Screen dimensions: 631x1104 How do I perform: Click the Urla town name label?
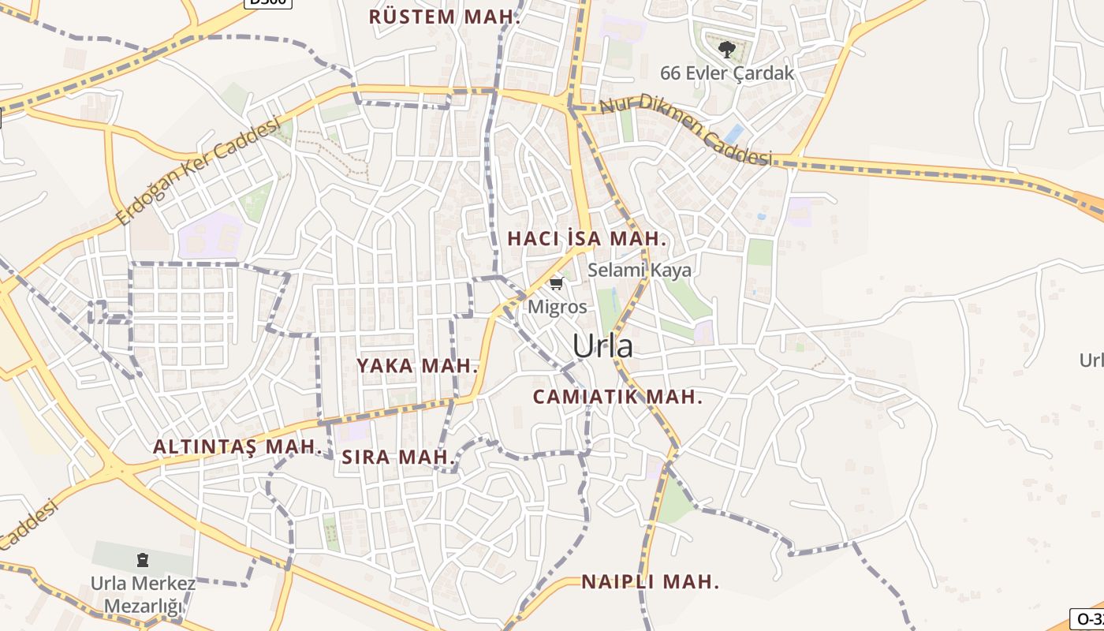click(x=602, y=345)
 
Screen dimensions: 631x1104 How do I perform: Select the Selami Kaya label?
click(x=639, y=270)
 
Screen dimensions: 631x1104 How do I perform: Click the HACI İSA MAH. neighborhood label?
click(x=587, y=238)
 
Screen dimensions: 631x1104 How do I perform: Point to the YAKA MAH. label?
click(x=417, y=365)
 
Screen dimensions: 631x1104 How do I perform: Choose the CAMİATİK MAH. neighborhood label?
click(x=617, y=397)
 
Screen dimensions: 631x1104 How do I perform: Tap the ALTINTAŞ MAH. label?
click(x=237, y=446)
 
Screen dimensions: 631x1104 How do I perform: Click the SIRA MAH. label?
click(x=399, y=457)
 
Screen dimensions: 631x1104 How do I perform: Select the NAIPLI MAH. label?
click(x=651, y=582)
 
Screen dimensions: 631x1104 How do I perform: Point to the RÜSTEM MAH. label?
click(x=445, y=17)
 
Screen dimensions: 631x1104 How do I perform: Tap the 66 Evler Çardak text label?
click(x=727, y=73)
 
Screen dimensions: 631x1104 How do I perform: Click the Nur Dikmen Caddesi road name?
click(x=684, y=130)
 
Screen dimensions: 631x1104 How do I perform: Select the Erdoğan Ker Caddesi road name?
click(x=198, y=170)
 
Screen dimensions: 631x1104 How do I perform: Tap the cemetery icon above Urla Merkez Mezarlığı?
click(x=142, y=560)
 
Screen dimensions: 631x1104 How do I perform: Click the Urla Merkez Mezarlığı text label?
click(x=143, y=596)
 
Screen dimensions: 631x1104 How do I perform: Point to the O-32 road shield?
click(x=1087, y=619)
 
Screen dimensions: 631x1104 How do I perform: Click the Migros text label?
click(x=558, y=307)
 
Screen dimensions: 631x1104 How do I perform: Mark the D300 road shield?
click(x=267, y=2)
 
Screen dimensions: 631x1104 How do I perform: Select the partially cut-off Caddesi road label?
click(x=30, y=523)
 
